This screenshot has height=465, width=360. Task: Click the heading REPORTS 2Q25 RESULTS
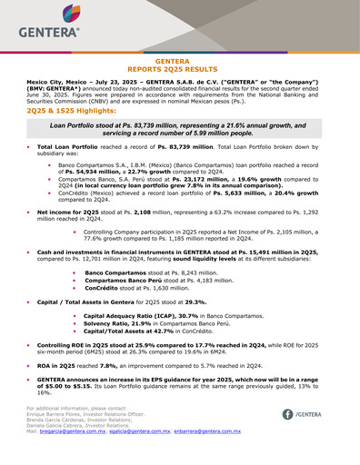[x=180, y=69]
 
